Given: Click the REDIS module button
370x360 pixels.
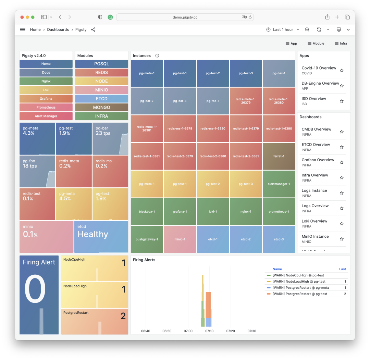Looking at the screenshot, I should click(x=101, y=73).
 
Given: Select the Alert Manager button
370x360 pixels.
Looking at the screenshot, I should click(x=46, y=116).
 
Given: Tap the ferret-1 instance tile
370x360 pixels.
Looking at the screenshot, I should click(x=279, y=156).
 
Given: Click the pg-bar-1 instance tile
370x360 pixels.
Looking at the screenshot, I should click(x=279, y=73).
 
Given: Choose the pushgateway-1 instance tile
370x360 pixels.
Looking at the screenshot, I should click(x=147, y=239).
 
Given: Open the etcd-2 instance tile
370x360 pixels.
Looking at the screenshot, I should click(x=246, y=239).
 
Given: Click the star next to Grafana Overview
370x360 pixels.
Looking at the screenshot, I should click(x=342, y=162).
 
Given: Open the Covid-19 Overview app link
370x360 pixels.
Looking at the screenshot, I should click(x=319, y=68).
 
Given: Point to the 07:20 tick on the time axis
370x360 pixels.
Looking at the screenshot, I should click(x=231, y=331).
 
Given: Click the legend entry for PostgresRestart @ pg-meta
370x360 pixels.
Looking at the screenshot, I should click(x=300, y=288).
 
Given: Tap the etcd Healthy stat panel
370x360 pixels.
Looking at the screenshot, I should click(x=101, y=237).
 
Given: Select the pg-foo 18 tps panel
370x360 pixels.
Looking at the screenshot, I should click(x=37, y=171).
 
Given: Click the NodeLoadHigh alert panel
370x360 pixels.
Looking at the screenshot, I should click(x=95, y=295).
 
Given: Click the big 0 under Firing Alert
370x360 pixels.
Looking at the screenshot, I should click(x=35, y=289).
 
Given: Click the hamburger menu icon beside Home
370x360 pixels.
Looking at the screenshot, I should click(x=23, y=30).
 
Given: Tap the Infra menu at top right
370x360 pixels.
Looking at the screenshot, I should click(x=341, y=44).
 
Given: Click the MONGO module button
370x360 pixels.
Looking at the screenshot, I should click(x=101, y=108).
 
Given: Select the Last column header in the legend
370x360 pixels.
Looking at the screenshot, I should click(x=342, y=269).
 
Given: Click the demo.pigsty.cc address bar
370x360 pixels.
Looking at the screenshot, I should click(x=185, y=17).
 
